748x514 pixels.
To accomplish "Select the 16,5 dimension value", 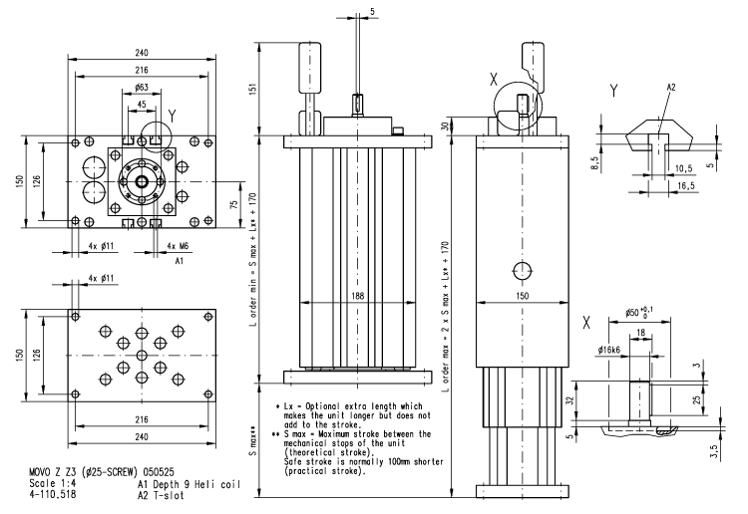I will [x=686, y=185].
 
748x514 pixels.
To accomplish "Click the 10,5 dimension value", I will [x=684, y=169].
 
